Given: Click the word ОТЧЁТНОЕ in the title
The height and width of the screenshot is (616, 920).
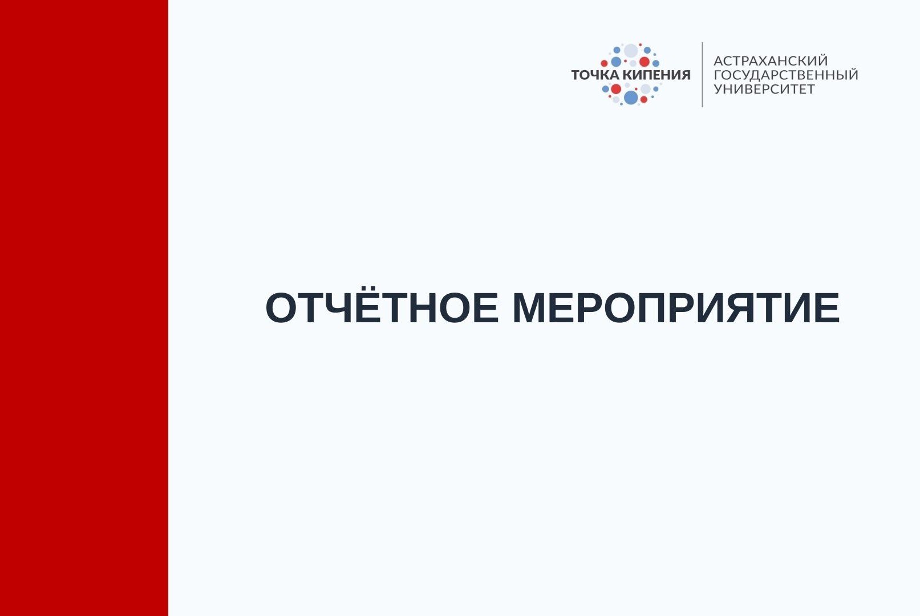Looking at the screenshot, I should [382, 309].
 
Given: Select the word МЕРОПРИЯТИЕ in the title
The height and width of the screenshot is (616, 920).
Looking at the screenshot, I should [676, 309].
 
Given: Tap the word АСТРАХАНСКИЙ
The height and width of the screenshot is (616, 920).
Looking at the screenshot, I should [771, 60].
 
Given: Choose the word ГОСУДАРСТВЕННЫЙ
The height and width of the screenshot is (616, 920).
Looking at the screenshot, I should [786, 75].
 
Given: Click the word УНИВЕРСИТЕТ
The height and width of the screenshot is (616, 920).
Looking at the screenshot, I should [764, 89].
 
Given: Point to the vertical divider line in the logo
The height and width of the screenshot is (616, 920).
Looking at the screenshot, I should [702, 74].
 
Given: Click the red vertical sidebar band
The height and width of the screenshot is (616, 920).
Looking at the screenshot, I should [84, 308].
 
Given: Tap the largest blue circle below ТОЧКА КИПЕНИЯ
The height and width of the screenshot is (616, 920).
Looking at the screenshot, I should [631, 98].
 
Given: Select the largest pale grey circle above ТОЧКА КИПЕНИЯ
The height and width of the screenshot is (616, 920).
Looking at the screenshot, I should [631, 51].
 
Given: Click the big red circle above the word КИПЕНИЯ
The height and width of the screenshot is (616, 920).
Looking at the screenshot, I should [645, 62].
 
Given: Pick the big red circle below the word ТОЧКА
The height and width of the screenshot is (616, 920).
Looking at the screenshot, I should [616, 89].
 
